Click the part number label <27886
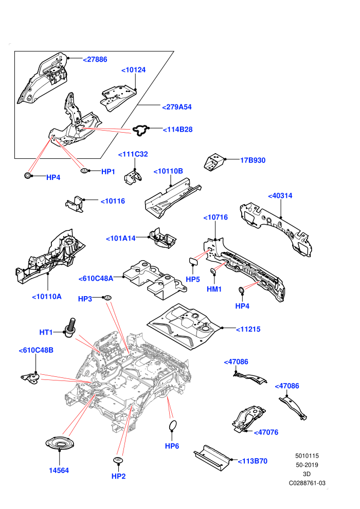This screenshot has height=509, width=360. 95,60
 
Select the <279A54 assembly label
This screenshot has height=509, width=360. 177,107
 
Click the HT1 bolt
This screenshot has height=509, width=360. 71,328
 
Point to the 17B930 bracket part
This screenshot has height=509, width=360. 214,162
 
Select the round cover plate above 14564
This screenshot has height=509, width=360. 60,443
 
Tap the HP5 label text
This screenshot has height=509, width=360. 193,279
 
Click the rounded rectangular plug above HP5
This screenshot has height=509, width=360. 194,261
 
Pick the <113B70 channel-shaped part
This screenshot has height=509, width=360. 212,458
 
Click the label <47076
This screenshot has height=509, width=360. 266,432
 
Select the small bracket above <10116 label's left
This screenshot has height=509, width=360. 75,205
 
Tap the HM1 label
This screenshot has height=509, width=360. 214,289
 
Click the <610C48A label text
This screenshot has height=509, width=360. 96,278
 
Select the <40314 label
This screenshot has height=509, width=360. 280,195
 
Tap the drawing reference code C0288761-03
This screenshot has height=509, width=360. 307,483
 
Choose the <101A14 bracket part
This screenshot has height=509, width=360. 163,238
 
